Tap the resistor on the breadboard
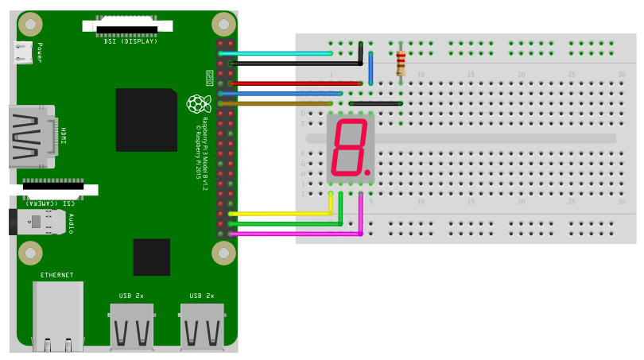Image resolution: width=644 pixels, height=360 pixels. (x=401, y=62)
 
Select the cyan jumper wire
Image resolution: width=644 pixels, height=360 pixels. (x=278, y=53)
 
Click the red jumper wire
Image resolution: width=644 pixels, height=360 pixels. (x=294, y=83)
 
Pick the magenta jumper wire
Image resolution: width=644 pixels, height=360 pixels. (x=294, y=234)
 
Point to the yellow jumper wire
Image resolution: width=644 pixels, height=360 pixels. (x=278, y=213)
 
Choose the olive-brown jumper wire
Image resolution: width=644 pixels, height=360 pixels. (x=278, y=103)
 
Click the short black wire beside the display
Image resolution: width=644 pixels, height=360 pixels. (x=375, y=103)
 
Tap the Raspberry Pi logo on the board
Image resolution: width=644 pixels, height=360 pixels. (x=195, y=104)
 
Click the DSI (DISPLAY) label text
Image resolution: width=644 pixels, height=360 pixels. (x=130, y=41)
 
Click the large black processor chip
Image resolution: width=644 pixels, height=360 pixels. (x=145, y=119)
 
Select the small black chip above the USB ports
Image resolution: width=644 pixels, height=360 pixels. (x=151, y=257)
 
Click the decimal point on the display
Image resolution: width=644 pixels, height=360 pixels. (x=368, y=172)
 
